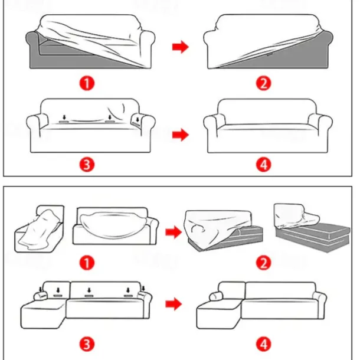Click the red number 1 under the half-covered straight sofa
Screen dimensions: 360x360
[87, 83]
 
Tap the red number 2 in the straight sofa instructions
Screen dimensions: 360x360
[263, 83]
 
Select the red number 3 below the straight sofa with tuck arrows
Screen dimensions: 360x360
[87, 165]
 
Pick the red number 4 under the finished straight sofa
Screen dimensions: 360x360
[263, 165]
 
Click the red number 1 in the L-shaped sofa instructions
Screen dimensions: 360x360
[87, 263]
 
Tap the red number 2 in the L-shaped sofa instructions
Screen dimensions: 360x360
[263, 263]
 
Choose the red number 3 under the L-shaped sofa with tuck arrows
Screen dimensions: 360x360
[87, 345]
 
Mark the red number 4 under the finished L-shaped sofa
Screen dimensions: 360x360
[263, 345]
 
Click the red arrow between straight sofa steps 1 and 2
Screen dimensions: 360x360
[181, 47]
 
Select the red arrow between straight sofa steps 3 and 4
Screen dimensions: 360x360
[181, 135]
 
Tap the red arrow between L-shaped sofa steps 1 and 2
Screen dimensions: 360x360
[174, 232]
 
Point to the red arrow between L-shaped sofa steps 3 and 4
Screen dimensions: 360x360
[174, 304]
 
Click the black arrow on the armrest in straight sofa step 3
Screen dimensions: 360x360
[138, 119]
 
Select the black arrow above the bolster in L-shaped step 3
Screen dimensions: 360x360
[41, 289]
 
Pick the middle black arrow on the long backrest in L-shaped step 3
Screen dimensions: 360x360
[89, 290]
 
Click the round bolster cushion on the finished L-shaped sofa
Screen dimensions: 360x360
[214, 296]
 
